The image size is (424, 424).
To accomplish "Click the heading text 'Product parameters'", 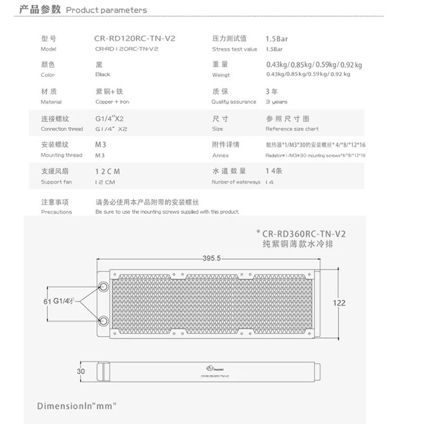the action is (107, 10).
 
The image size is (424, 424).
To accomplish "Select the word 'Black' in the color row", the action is (103, 75).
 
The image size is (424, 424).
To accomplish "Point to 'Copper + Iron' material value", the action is (112, 102).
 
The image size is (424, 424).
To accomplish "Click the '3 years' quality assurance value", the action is (276, 102).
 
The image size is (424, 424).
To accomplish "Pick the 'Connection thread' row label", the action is (62, 129).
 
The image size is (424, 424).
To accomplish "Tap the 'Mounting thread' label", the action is (61, 155).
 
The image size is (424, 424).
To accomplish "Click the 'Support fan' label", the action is (55, 182).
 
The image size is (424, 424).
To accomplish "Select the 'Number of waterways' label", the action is (236, 182).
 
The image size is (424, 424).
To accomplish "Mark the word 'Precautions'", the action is (56, 211).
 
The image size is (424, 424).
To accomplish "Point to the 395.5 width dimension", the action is (211, 258).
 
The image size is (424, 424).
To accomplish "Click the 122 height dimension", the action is (339, 303).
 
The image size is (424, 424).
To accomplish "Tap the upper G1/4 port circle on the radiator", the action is (103, 286).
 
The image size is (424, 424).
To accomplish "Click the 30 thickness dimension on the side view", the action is (81, 372).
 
